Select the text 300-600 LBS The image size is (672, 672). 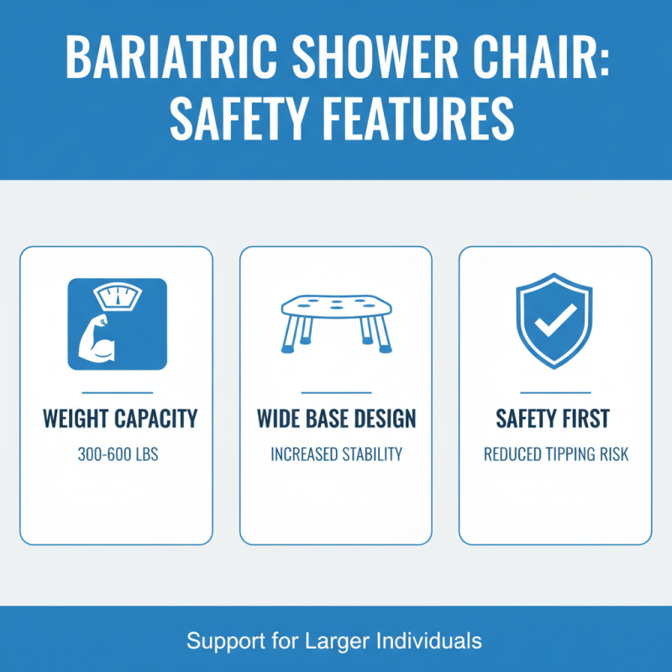pos(118,454)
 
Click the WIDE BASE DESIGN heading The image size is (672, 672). pos(336,417)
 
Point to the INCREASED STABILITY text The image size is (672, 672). pos(336,454)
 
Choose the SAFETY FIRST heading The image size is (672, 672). pos(555,417)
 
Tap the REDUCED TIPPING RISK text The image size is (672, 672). pos(555,454)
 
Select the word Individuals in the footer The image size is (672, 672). pos(426,641)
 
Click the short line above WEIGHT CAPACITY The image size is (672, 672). pos(118,392)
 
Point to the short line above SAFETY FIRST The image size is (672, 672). pos(555,392)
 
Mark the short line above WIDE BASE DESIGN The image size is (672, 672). pos(336,392)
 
